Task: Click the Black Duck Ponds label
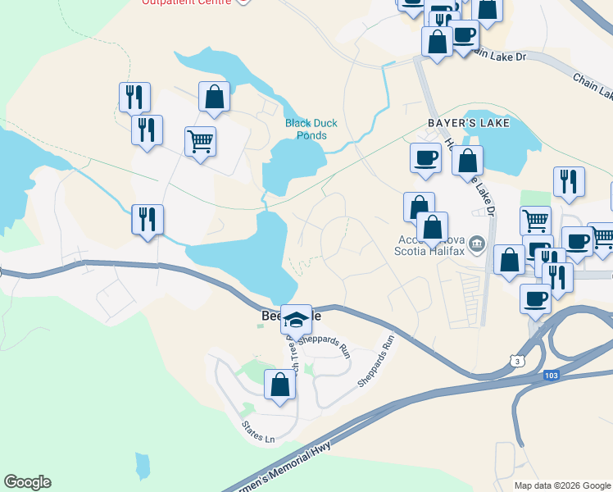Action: [311, 130]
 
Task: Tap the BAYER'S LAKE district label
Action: [468, 123]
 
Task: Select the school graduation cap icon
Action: [296, 319]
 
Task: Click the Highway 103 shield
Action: [550, 375]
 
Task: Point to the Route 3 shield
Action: [515, 360]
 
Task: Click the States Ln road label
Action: [258, 432]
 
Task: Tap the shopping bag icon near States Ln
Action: [279, 385]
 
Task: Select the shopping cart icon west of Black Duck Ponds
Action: [200, 142]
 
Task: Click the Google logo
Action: [27, 482]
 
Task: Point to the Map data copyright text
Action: [562, 485]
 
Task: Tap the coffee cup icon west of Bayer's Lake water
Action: [425, 157]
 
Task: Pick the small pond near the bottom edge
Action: [143, 466]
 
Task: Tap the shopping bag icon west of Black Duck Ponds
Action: [214, 97]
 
